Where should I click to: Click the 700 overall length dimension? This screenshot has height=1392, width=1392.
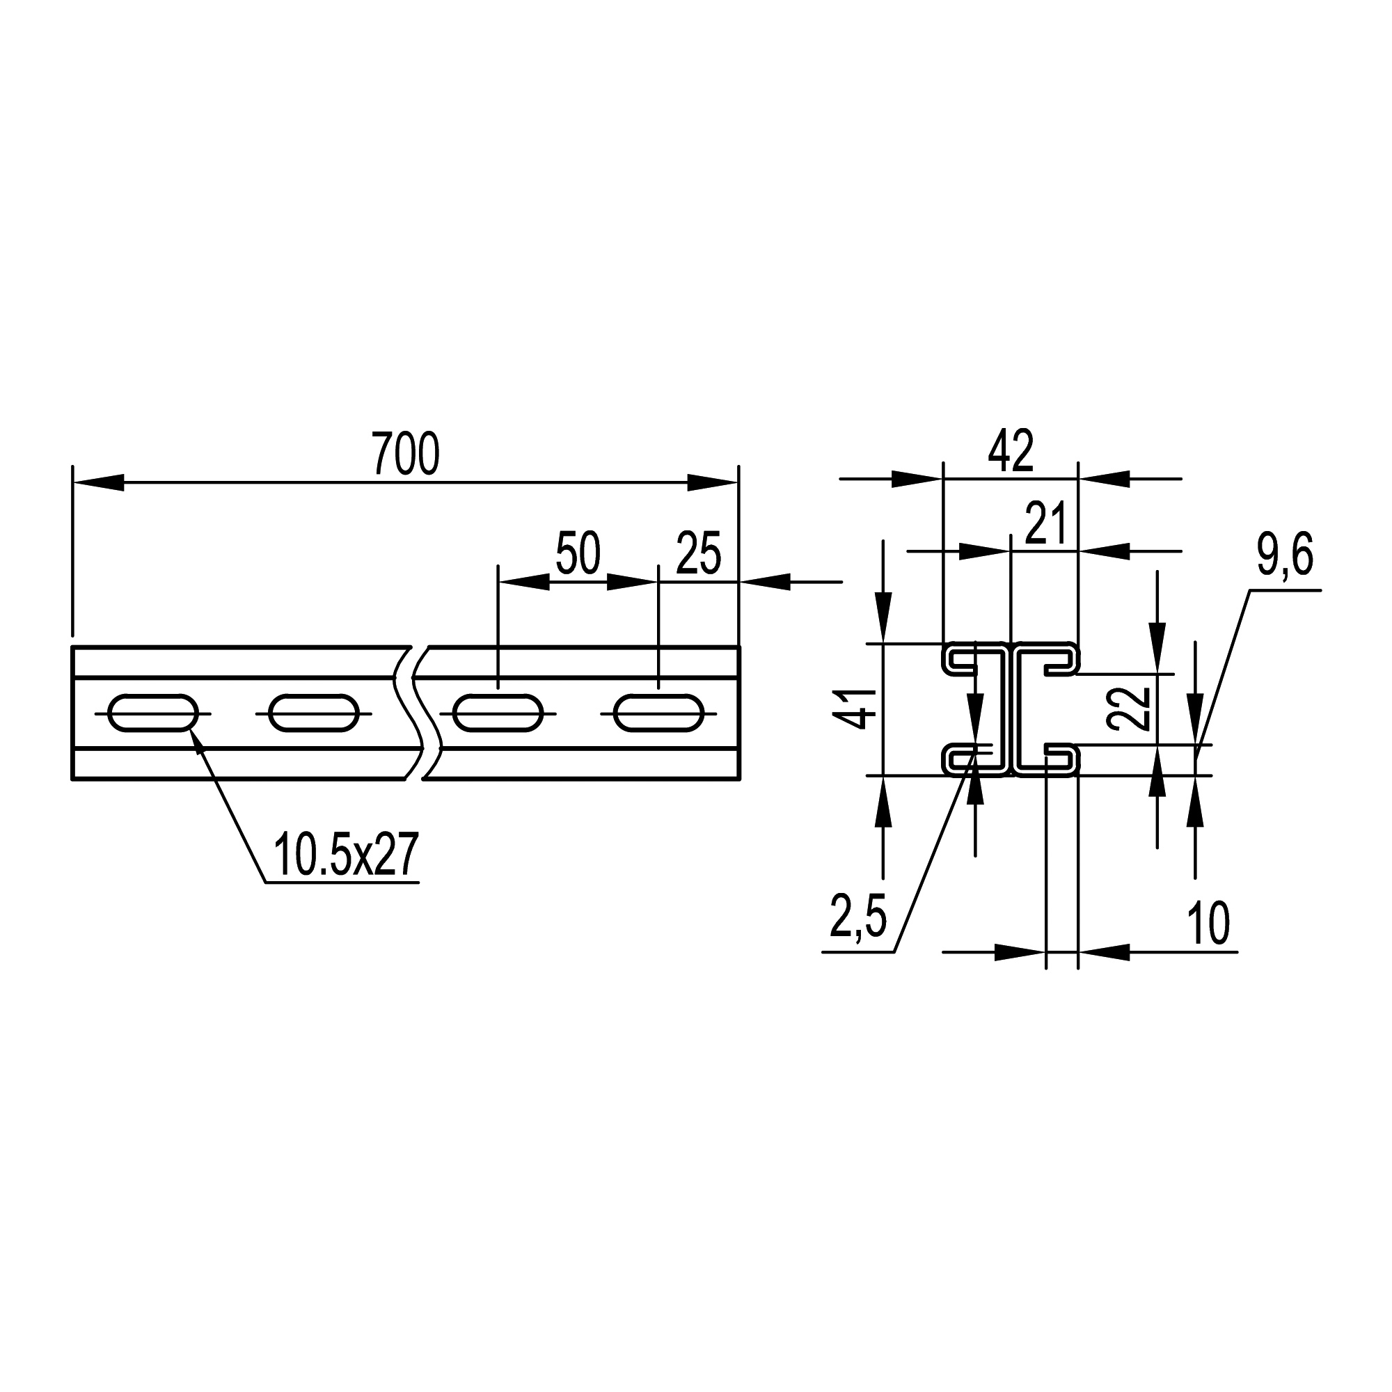pos(406,453)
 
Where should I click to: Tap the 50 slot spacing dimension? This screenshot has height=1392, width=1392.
pos(578,554)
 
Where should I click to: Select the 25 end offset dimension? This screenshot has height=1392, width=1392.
pos(699,554)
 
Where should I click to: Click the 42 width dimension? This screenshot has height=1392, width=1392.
pos(1011,452)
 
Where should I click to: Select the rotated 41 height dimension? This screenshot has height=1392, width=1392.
pos(854,709)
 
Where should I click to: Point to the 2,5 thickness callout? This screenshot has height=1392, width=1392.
pos(858,916)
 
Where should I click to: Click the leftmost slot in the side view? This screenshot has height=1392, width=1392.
pos(152,713)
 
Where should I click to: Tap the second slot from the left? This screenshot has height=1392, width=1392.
pos(313,713)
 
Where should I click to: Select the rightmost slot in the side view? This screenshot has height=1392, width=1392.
pos(658,713)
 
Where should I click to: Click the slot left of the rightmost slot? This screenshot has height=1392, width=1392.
pos(498,713)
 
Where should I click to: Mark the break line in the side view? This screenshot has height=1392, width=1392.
pos(416,713)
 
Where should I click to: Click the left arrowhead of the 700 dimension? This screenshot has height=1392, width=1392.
pos(98,482)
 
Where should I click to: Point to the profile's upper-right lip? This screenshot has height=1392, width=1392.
pos(1061,659)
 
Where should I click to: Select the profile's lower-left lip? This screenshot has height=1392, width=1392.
pos(962,759)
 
